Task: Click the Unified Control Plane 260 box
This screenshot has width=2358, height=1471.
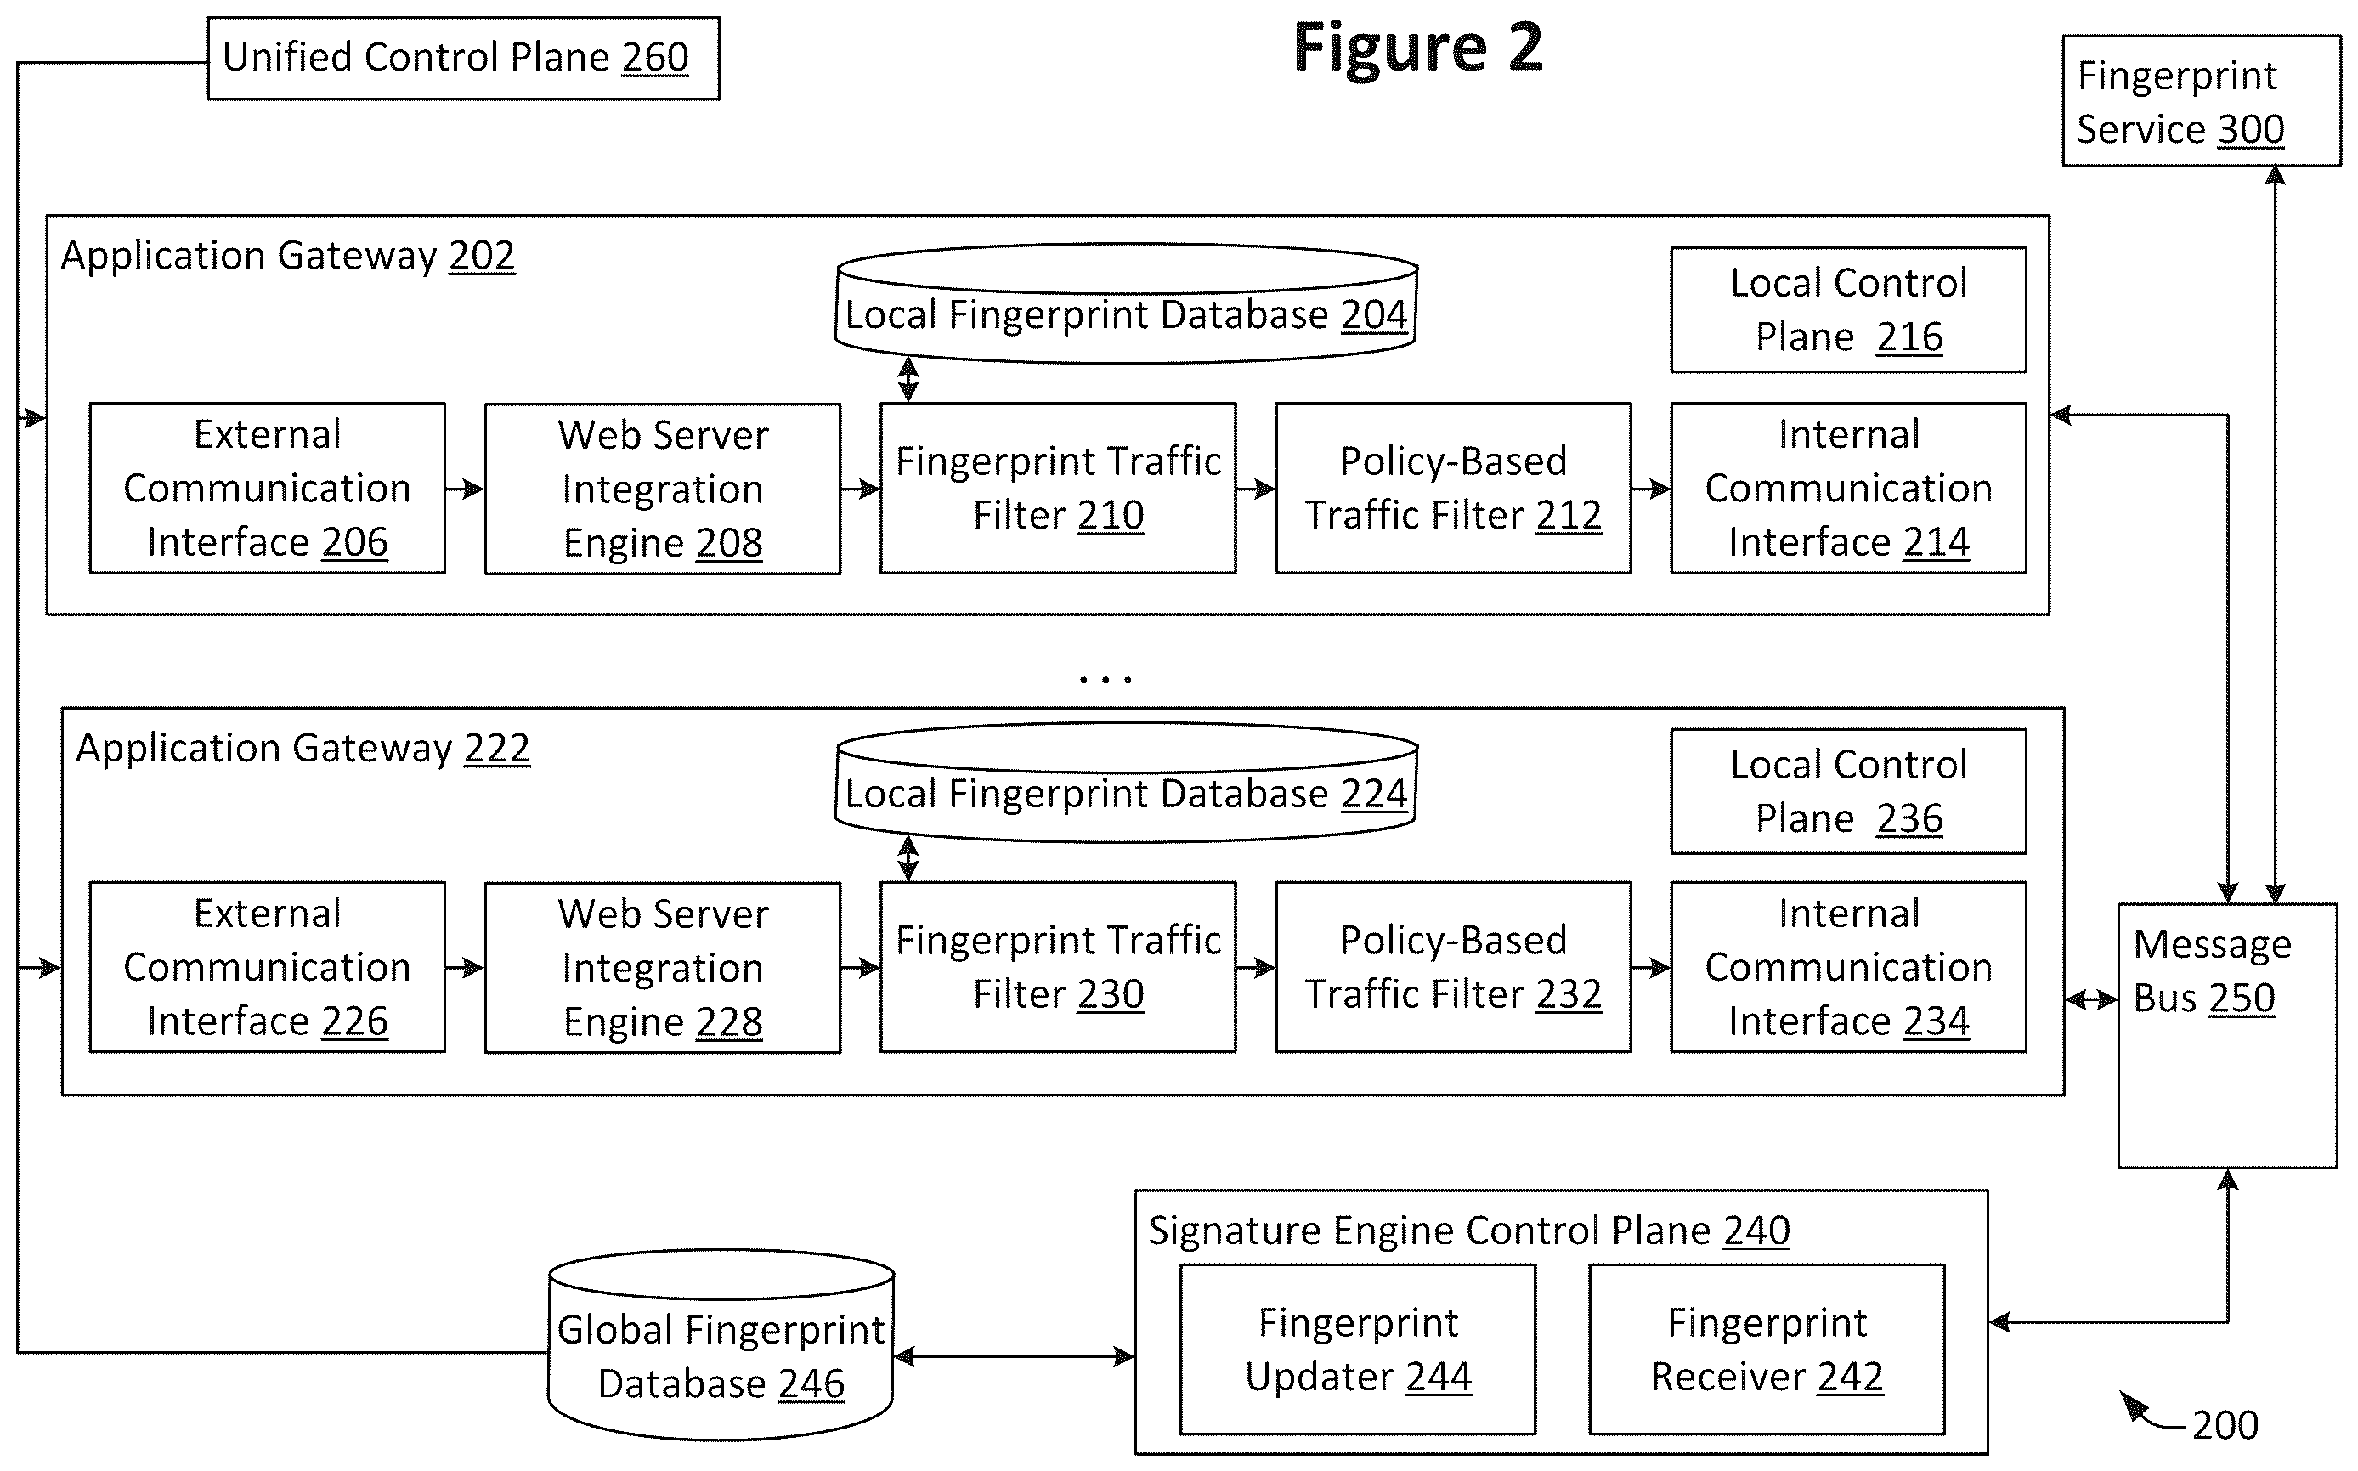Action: point(463,58)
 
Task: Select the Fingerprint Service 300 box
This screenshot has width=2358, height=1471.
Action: point(2202,101)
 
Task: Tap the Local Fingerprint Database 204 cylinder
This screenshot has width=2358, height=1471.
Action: point(1126,303)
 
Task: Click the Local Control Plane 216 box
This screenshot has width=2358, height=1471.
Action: point(1848,309)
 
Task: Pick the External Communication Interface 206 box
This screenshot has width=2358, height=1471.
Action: point(268,489)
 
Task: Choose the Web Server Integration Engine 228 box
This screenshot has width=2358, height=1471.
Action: point(663,967)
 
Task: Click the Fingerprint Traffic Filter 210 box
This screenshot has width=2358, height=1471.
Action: point(1059,489)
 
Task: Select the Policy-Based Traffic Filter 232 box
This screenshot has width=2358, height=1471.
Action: point(1453,967)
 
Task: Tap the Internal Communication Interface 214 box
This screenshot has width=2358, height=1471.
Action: point(1848,489)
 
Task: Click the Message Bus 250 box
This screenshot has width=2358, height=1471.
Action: point(2228,1035)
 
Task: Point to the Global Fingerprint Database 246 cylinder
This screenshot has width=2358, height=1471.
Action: point(721,1344)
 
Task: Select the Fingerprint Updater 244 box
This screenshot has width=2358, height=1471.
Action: point(1358,1349)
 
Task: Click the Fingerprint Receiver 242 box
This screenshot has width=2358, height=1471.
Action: point(1767,1349)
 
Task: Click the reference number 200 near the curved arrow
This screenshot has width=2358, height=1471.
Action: point(2225,1425)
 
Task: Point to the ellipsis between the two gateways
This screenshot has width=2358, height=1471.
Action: point(1106,679)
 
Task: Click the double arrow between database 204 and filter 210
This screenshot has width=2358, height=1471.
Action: point(908,379)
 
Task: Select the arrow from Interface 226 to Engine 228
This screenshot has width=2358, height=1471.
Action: point(465,967)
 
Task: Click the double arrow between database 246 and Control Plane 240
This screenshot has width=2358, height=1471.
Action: point(1014,1356)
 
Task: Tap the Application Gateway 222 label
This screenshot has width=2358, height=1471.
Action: point(303,748)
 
